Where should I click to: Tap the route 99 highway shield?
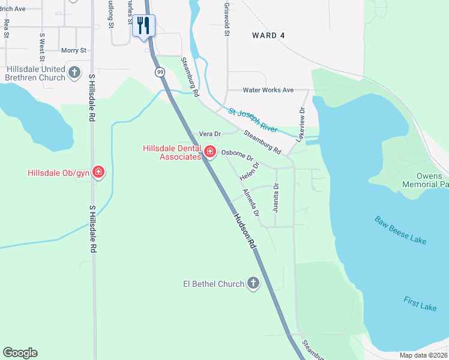160,72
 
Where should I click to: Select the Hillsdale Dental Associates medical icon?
210,151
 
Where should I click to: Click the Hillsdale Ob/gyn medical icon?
98,173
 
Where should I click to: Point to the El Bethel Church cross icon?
253,283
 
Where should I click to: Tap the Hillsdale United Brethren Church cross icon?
74,73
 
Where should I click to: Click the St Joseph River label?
253,119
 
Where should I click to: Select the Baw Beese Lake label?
401,230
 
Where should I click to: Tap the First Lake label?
420,304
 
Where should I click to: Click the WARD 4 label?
268,35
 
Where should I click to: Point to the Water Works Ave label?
268,90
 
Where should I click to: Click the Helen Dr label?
249,172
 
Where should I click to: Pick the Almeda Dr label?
251,203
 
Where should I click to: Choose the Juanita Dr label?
276,198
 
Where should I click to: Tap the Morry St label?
74,50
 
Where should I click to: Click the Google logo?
20,353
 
